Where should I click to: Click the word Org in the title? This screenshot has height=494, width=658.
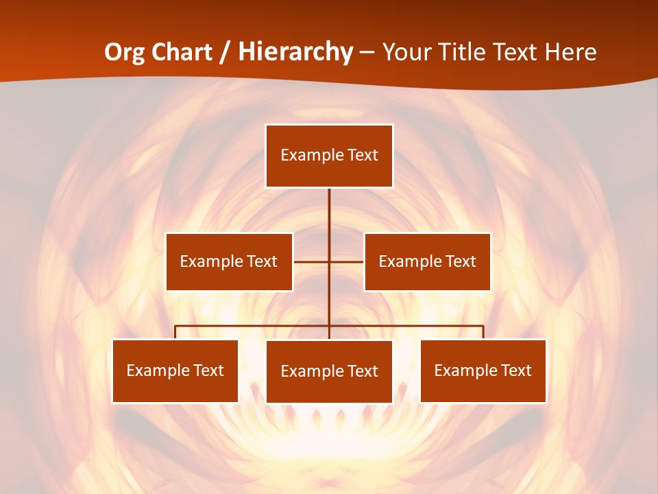[x=124, y=52]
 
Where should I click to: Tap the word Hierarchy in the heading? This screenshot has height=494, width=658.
[x=295, y=52]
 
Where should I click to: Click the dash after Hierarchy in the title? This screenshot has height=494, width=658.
[x=367, y=52]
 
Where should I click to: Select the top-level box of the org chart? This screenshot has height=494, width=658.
[x=329, y=156]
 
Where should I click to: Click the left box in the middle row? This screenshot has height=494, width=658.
[x=229, y=261]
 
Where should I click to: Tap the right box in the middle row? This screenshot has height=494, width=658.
[x=428, y=261]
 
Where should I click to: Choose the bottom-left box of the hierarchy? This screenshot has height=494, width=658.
[x=175, y=371]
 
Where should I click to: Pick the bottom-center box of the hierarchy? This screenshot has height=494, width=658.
[x=329, y=372]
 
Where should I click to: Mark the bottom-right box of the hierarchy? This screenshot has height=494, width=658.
[x=483, y=371]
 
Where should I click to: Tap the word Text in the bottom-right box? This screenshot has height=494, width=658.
[x=515, y=371]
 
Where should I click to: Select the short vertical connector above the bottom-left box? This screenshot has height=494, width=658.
[x=175, y=332]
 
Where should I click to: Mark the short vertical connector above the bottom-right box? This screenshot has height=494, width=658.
[x=483, y=332]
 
